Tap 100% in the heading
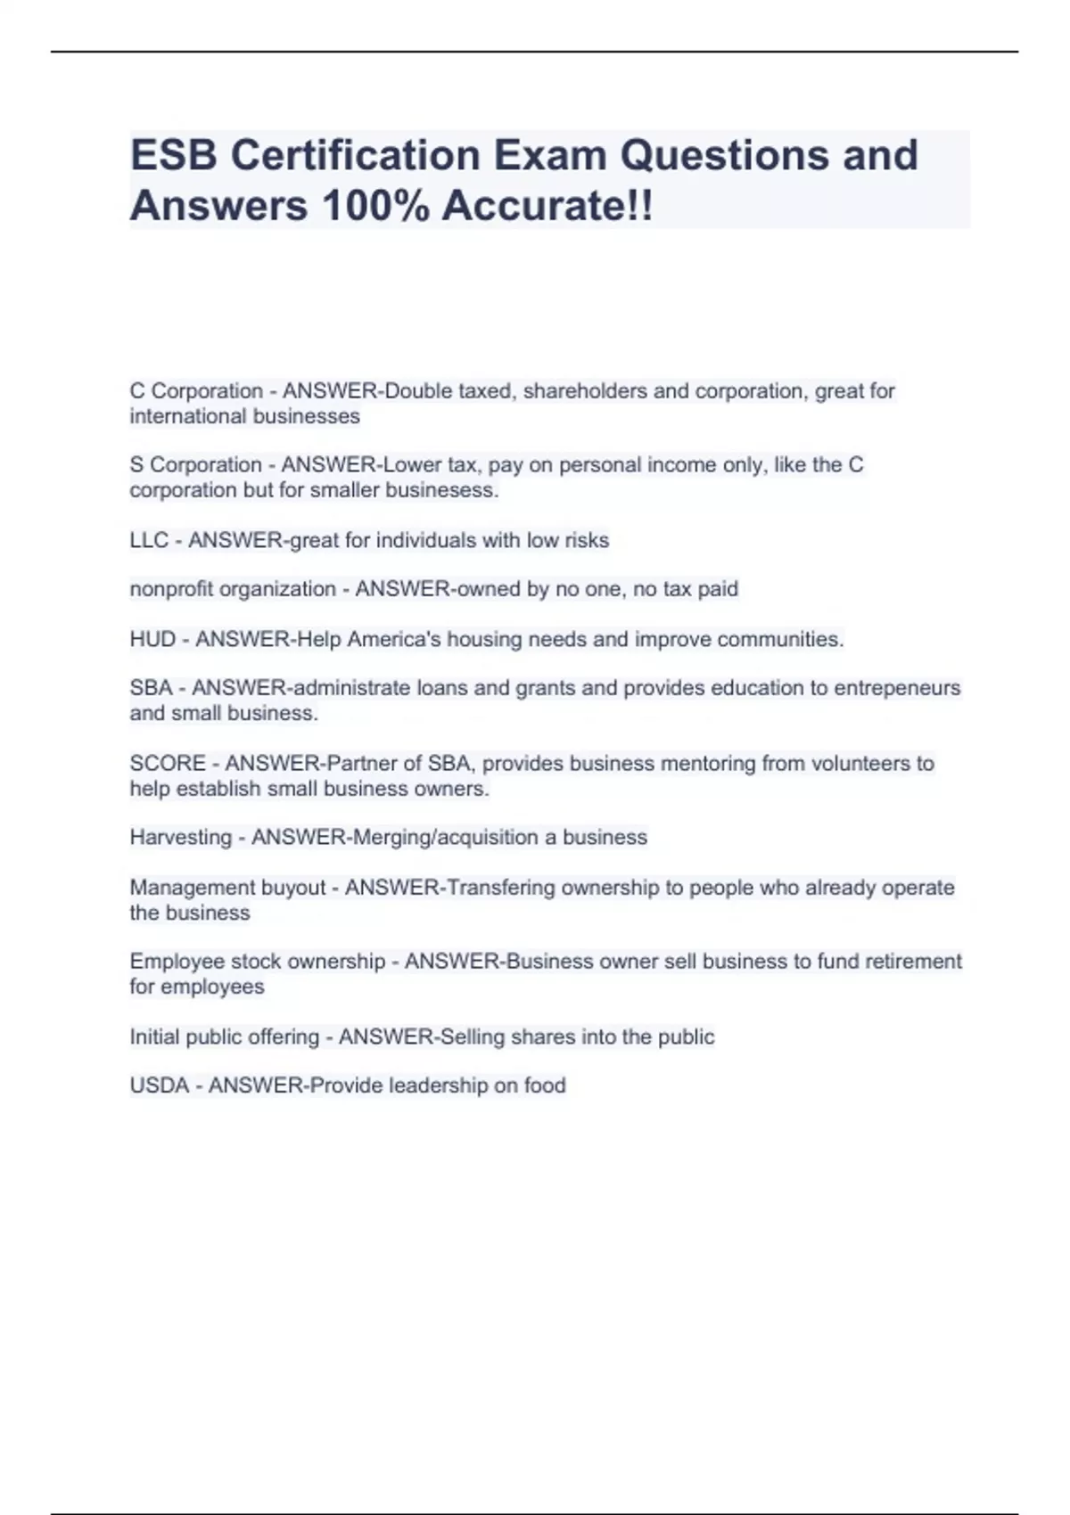[375, 206]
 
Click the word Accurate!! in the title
[547, 206]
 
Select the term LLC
[148, 540]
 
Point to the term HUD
[152, 639]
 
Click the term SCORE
[168, 763]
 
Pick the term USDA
[160, 1085]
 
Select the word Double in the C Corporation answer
[418, 390]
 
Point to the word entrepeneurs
[897, 688]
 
